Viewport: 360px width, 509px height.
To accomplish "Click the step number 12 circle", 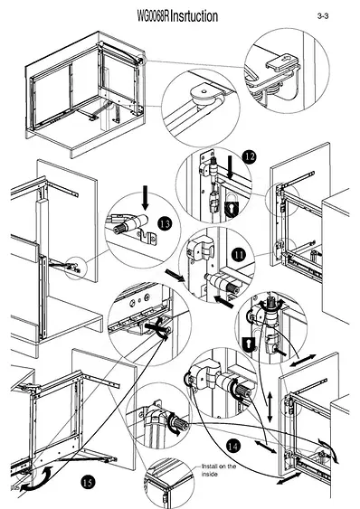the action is click(250, 157).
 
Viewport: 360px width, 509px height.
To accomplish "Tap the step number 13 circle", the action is click(165, 224).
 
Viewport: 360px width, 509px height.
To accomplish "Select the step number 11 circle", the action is click(239, 255).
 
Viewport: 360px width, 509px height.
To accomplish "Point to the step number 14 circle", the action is click(233, 447).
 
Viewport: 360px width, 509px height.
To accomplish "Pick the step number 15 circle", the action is click(88, 483).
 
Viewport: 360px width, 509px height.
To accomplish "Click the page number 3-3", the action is click(323, 16).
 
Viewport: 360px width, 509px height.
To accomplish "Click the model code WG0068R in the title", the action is click(153, 16).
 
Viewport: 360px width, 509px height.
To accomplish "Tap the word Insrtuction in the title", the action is click(194, 16).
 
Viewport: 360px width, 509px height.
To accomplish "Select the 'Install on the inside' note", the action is click(219, 470).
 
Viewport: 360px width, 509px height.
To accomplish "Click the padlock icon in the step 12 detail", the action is click(231, 206).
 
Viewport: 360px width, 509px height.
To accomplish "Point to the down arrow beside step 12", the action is click(231, 167).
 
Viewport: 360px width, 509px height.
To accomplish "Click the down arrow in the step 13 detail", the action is click(146, 198).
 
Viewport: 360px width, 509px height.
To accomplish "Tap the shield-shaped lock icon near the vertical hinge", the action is click(249, 344).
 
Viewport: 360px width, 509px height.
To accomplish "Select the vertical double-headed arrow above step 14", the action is click(270, 407).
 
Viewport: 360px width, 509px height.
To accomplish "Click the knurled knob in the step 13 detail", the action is click(120, 229).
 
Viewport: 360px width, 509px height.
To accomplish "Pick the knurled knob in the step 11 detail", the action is click(233, 287).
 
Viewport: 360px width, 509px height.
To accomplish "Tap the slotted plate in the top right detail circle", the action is click(282, 61).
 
